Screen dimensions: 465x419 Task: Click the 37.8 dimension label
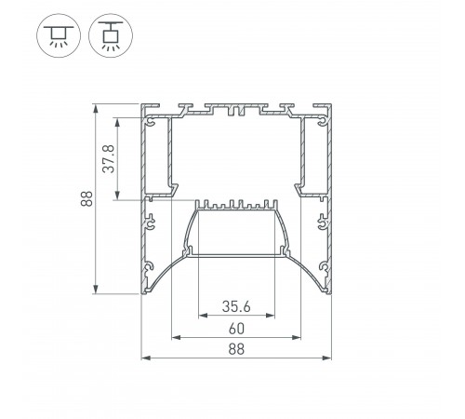[109, 158]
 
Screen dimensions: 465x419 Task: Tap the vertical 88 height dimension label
[86, 198]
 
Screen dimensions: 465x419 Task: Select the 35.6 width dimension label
[236, 306]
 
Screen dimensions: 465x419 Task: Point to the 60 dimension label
[236, 329]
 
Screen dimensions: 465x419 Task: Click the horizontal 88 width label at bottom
[236, 349]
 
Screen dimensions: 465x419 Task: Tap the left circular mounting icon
[59, 35]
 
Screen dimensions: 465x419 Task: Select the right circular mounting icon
[111, 35]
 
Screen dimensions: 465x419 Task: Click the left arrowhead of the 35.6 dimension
[203, 316]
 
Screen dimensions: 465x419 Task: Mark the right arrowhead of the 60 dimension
[297, 337]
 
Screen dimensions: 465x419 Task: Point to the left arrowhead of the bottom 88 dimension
[146, 358]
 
